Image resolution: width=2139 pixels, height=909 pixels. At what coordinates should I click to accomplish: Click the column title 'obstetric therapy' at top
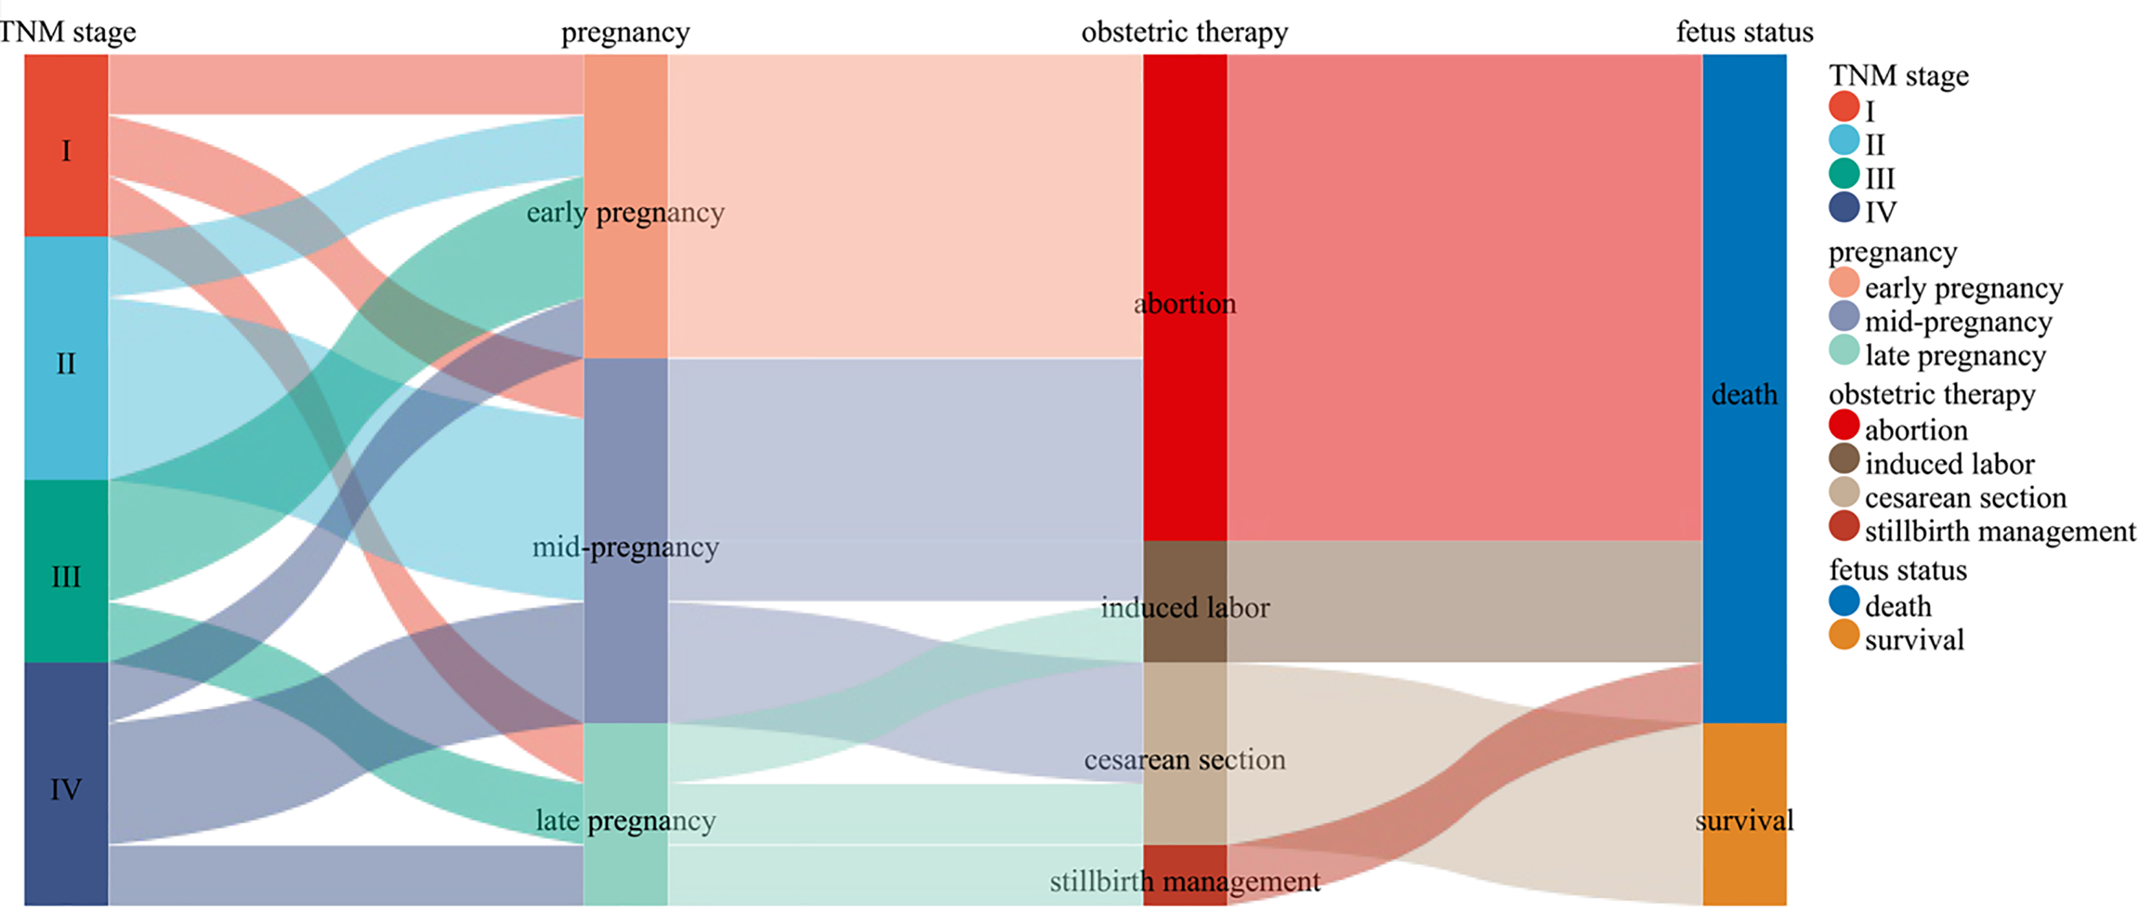pyautogui.click(x=1185, y=32)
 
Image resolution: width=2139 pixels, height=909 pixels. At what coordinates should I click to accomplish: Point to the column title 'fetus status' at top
pyautogui.click(x=1744, y=32)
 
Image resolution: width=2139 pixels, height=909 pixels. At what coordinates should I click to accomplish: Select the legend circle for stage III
pyautogui.click(x=1844, y=173)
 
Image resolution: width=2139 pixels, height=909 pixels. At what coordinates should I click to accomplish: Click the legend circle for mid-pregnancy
pyautogui.click(x=1844, y=316)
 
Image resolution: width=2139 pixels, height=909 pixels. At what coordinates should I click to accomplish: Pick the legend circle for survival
pyautogui.click(x=1844, y=635)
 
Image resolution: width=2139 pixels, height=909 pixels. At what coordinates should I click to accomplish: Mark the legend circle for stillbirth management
pyautogui.click(x=1844, y=526)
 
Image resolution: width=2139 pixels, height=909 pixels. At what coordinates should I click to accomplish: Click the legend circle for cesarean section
pyautogui.click(x=1844, y=492)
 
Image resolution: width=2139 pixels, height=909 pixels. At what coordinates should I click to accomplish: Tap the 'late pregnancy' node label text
pyautogui.click(x=625, y=821)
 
